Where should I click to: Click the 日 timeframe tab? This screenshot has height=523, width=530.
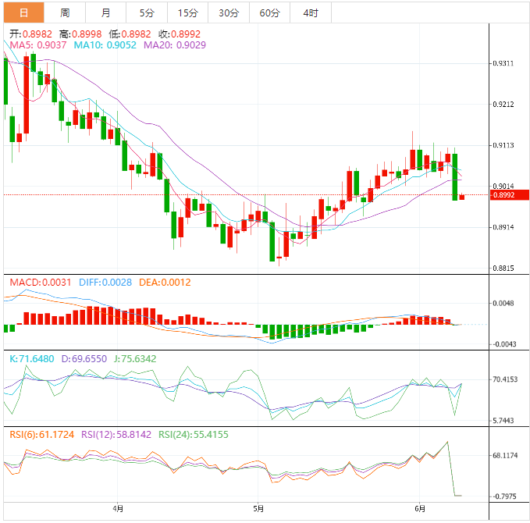tap(23, 12)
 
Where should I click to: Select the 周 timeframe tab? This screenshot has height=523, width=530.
tap(65, 12)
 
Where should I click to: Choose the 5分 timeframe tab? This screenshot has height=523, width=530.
tap(147, 12)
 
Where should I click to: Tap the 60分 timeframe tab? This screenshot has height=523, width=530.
tap(269, 12)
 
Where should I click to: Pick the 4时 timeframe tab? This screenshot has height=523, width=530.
tap(310, 12)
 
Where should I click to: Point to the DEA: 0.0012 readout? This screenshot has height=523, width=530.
tap(164, 282)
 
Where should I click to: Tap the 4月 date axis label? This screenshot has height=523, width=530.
tap(118, 509)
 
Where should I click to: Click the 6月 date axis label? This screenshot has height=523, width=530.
tap(421, 509)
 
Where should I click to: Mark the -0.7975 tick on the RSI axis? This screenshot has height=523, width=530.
tap(506, 496)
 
